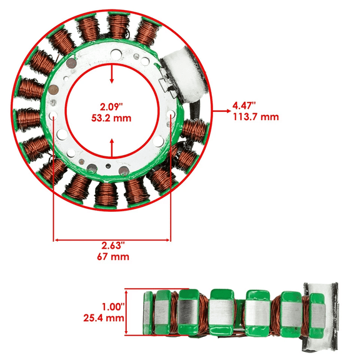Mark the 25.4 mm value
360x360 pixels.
pos(104,318)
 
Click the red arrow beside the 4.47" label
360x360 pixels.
pos(220,111)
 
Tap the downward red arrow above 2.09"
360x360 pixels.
pos(112,74)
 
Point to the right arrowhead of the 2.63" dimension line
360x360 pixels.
pos(167,238)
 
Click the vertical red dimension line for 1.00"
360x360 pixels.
pos(127,313)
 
